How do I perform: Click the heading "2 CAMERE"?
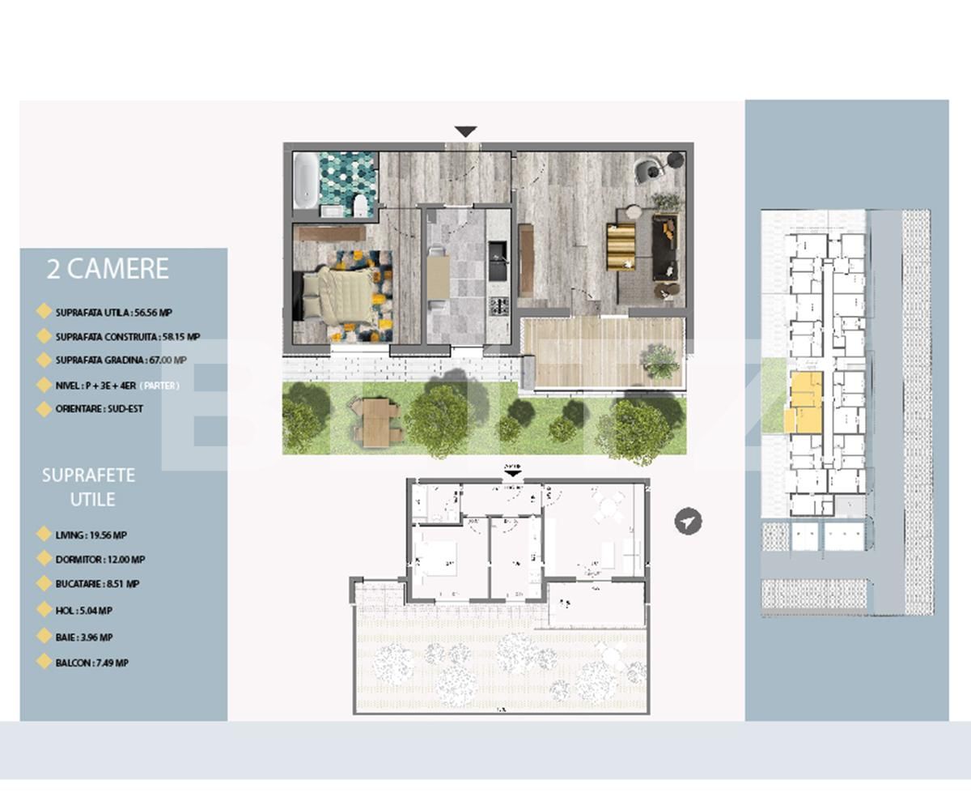tap(108, 269)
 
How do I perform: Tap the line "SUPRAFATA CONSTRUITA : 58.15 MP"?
tap(128, 336)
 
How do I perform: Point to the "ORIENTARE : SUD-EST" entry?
tap(99, 409)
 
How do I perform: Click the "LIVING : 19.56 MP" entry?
tap(91, 535)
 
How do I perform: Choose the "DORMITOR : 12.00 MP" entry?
tap(100, 560)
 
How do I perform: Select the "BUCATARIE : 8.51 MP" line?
tap(97, 584)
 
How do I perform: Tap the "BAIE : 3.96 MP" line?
tap(84, 637)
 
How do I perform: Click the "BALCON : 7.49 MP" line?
tap(91, 663)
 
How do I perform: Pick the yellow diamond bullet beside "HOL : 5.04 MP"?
tap(44, 610)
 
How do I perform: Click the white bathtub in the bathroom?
tap(305, 181)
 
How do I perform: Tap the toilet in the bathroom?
tap(360, 206)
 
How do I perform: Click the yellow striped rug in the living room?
tap(621, 247)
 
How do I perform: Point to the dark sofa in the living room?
tap(665, 247)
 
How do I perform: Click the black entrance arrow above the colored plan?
tap(465, 132)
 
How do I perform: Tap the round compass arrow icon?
tap(688, 522)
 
